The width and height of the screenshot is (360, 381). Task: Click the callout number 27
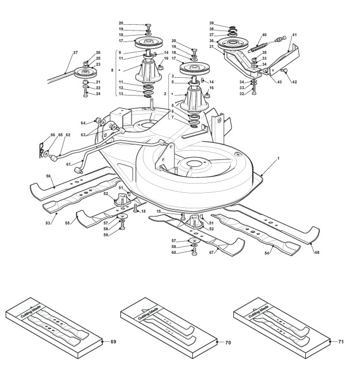(75, 52)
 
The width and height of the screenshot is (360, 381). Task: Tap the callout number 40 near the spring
(264, 35)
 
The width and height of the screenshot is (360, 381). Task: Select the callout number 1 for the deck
(278, 158)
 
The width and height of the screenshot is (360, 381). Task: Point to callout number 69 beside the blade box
(113, 342)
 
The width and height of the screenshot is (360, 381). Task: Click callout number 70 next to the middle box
(228, 342)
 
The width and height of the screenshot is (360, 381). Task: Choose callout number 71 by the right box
(341, 342)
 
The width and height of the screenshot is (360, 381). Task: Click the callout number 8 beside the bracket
(112, 70)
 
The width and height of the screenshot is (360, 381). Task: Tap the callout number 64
(83, 123)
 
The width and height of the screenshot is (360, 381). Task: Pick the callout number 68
(317, 253)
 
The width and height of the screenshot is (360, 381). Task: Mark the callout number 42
(294, 82)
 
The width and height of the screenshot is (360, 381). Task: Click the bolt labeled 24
(85, 93)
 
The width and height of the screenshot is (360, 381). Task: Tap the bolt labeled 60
(194, 252)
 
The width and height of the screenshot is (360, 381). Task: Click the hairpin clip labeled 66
(41, 150)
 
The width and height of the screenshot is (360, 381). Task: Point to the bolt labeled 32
(254, 92)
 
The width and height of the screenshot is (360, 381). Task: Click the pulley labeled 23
(85, 72)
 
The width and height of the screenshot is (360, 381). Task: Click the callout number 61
(69, 164)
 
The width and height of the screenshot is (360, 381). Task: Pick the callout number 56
(48, 176)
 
